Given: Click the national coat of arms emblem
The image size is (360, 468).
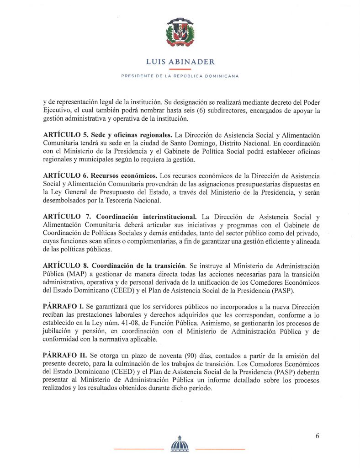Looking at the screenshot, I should click(180, 33).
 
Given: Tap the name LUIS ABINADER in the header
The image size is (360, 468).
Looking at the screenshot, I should click(180, 62).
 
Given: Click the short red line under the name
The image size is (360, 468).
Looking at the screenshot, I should click(180, 69).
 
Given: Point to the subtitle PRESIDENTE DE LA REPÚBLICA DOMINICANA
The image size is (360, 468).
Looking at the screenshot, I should click(180, 76).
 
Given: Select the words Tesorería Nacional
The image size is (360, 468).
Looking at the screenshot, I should click(129, 200).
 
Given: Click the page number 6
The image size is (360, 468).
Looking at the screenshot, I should click(317, 436).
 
